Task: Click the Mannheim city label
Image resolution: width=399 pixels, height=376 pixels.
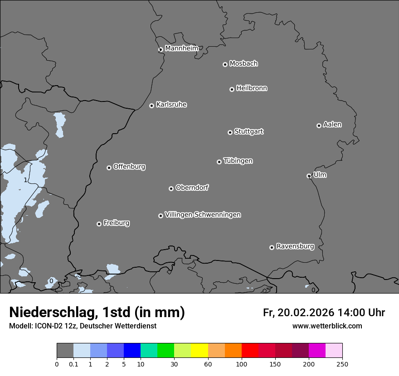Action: point(181,48)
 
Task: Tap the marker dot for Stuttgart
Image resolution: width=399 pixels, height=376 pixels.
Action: point(230,132)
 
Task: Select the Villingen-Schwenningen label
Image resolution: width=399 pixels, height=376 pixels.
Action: point(203,215)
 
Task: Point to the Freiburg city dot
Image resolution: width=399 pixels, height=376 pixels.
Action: point(99,224)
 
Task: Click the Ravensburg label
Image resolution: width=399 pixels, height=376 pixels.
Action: point(295,246)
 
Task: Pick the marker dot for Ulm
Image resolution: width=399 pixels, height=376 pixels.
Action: point(309,176)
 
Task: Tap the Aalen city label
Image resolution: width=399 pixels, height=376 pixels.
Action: point(332,125)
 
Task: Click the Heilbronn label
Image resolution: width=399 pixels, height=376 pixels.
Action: point(252,88)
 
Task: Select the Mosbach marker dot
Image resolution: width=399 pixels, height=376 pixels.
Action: point(225,64)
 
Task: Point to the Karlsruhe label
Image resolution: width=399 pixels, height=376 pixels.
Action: point(171,105)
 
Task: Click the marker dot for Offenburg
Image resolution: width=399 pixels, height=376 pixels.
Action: point(109,168)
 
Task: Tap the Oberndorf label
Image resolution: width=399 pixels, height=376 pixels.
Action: point(192,188)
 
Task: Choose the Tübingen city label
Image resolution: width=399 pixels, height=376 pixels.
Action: point(238,161)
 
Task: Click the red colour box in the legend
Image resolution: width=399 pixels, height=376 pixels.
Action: point(250,351)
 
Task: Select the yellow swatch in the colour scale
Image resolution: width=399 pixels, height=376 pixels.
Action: point(199,351)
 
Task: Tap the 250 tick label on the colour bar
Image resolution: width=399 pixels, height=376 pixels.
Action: point(342,364)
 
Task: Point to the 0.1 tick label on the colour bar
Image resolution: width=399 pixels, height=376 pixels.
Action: point(73,364)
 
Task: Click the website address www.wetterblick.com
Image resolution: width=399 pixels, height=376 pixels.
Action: point(327,326)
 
